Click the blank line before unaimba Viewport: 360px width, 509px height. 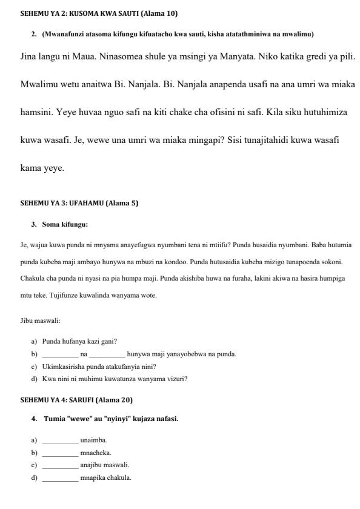coord(60,441)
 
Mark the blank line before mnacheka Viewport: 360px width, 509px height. coord(60,453)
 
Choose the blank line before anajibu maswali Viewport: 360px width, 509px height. coord(60,465)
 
